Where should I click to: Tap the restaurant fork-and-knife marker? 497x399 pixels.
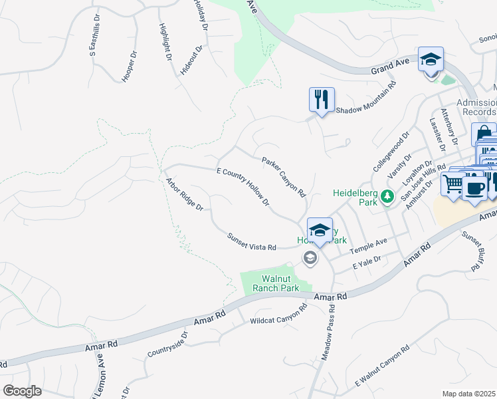pyautogui.click(x=322, y=100)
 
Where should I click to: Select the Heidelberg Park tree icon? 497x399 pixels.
pyautogui.click(x=387, y=196)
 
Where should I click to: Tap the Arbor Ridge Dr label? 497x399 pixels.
pyautogui.click(x=184, y=194)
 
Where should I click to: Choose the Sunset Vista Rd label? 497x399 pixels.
pyautogui.click(x=251, y=241)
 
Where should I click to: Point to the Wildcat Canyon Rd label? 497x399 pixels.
pyautogui.click(x=278, y=315)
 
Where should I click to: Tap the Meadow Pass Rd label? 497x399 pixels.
pyautogui.click(x=328, y=337)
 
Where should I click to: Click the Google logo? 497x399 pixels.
pyautogui.click(x=23, y=390)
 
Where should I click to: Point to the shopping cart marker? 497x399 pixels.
pyautogui.click(x=453, y=183)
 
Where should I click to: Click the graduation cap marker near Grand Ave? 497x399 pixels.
pyautogui.click(x=430, y=60)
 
